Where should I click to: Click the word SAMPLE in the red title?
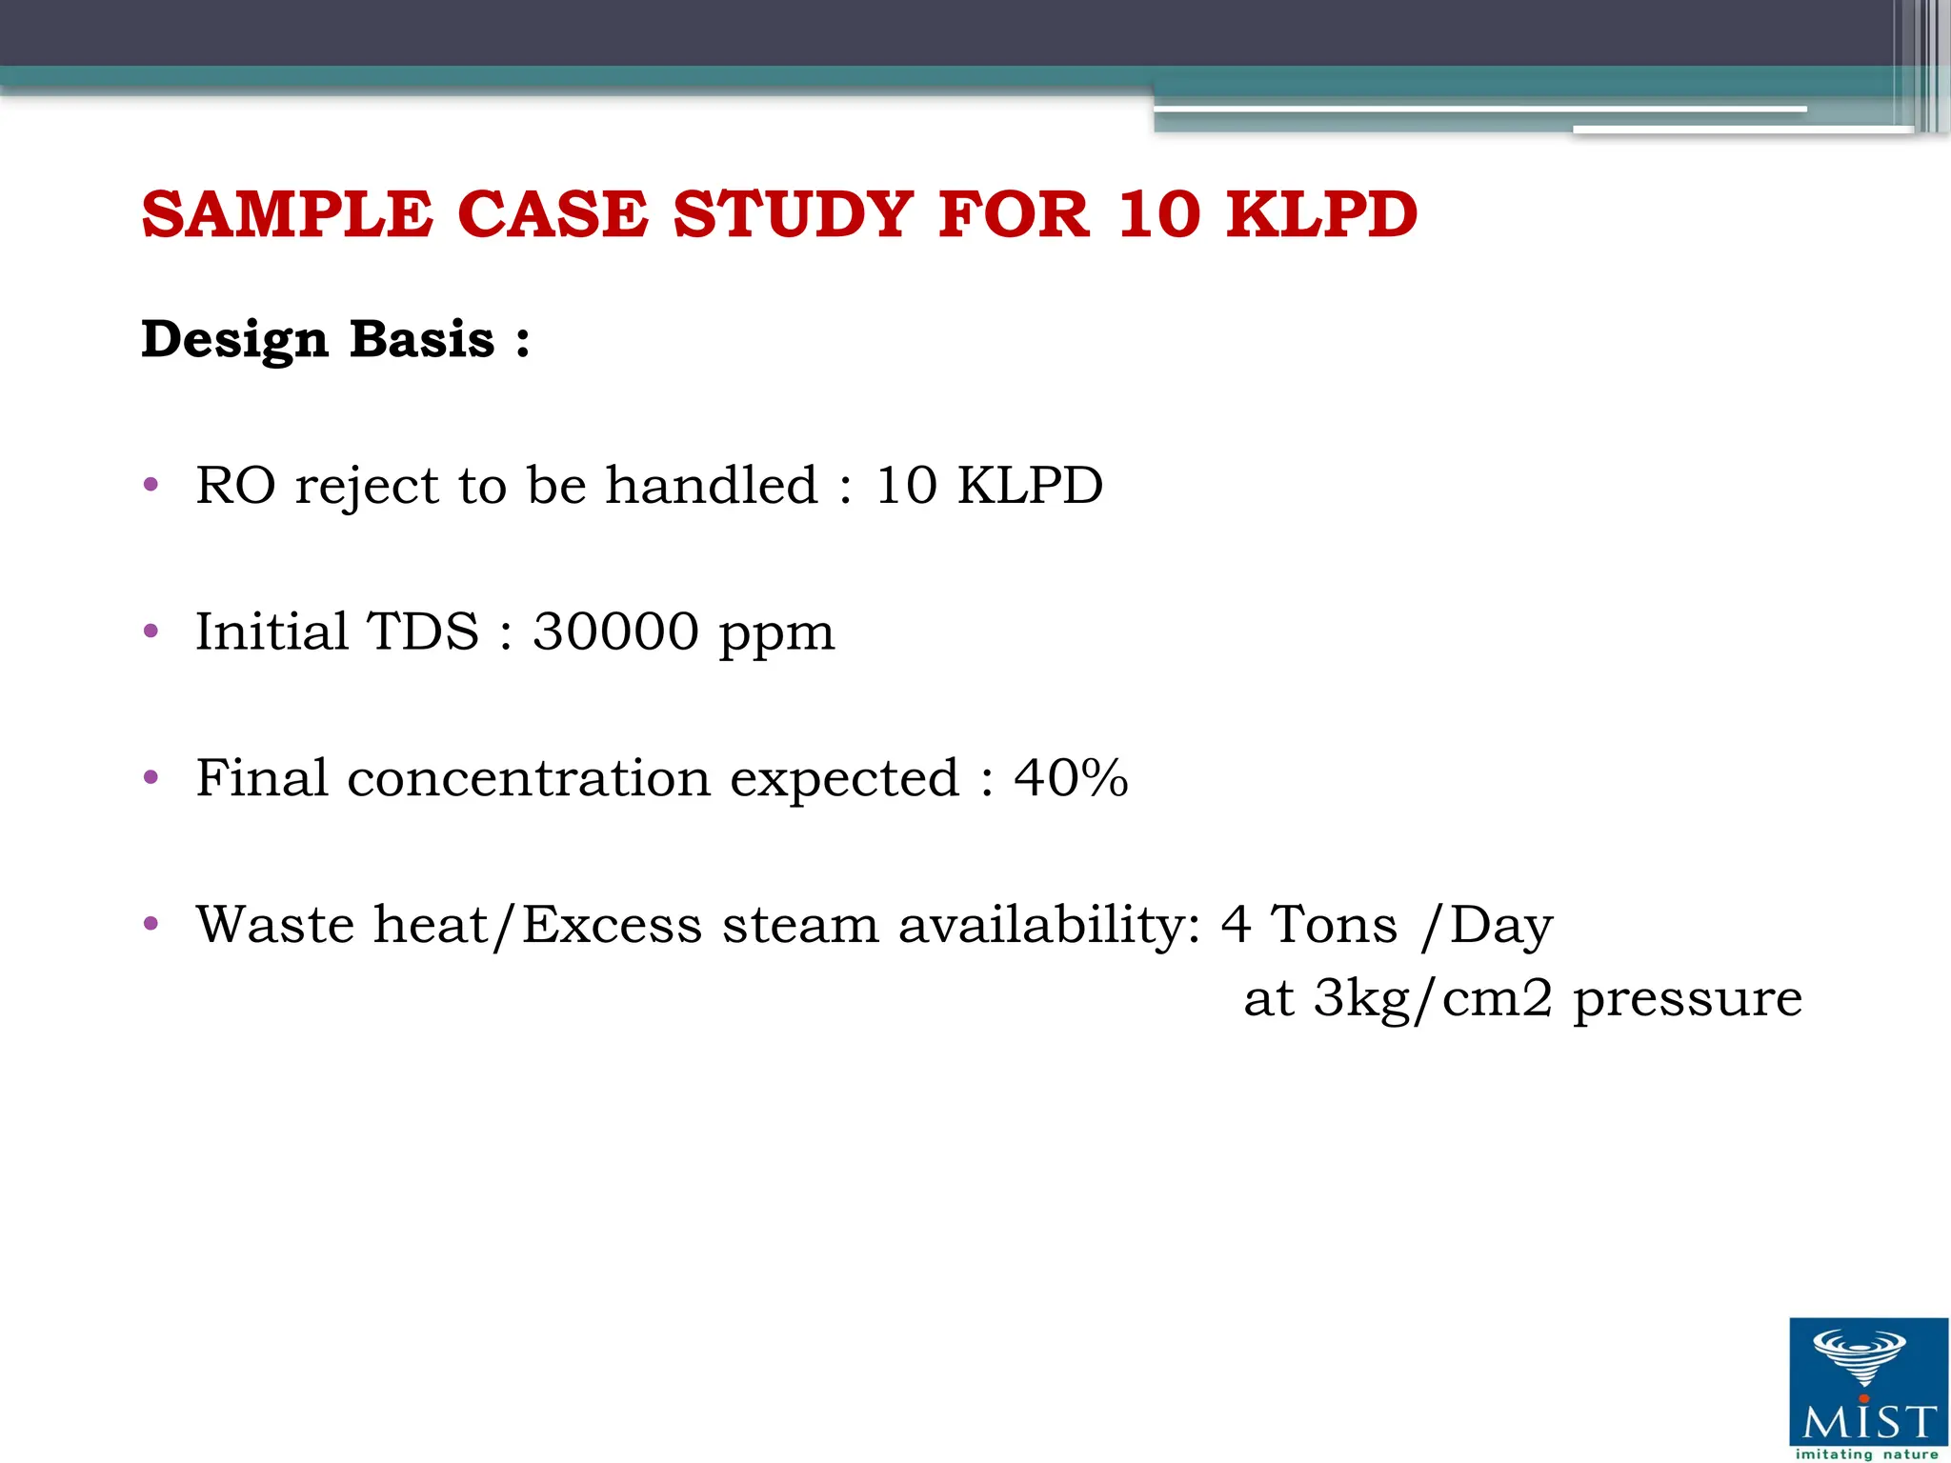pyautogui.click(x=287, y=214)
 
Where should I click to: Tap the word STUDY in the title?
pyautogui.click(x=793, y=214)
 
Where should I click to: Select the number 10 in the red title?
pyautogui.click(x=1158, y=214)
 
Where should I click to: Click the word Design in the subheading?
pyautogui.click(x=234, y=340)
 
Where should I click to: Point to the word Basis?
pyautogui.click(x=422, y=340)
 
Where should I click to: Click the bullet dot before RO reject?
pyautogui.click(x=151, y=486)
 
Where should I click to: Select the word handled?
pyautogui.click(x=712, y=486)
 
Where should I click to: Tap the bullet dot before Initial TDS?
pyautogui.click(x=151, y=631)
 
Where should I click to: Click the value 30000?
pyautogui.click(x=615, y=631)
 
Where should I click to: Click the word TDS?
pyautogui.click(x=423, y=631)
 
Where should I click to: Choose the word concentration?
pyautogui.click(x=529, y=779)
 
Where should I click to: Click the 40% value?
pyautogui.click(x=1071, y=778)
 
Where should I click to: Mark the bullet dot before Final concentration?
pyautogui.click(x=151, y=777)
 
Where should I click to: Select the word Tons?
pyautogui.click(x=1336, y=925)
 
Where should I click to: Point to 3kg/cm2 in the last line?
pyautogui.click(x=1433, y=999)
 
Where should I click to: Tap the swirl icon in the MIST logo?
pyautogui.click(x=1859, y=1356)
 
